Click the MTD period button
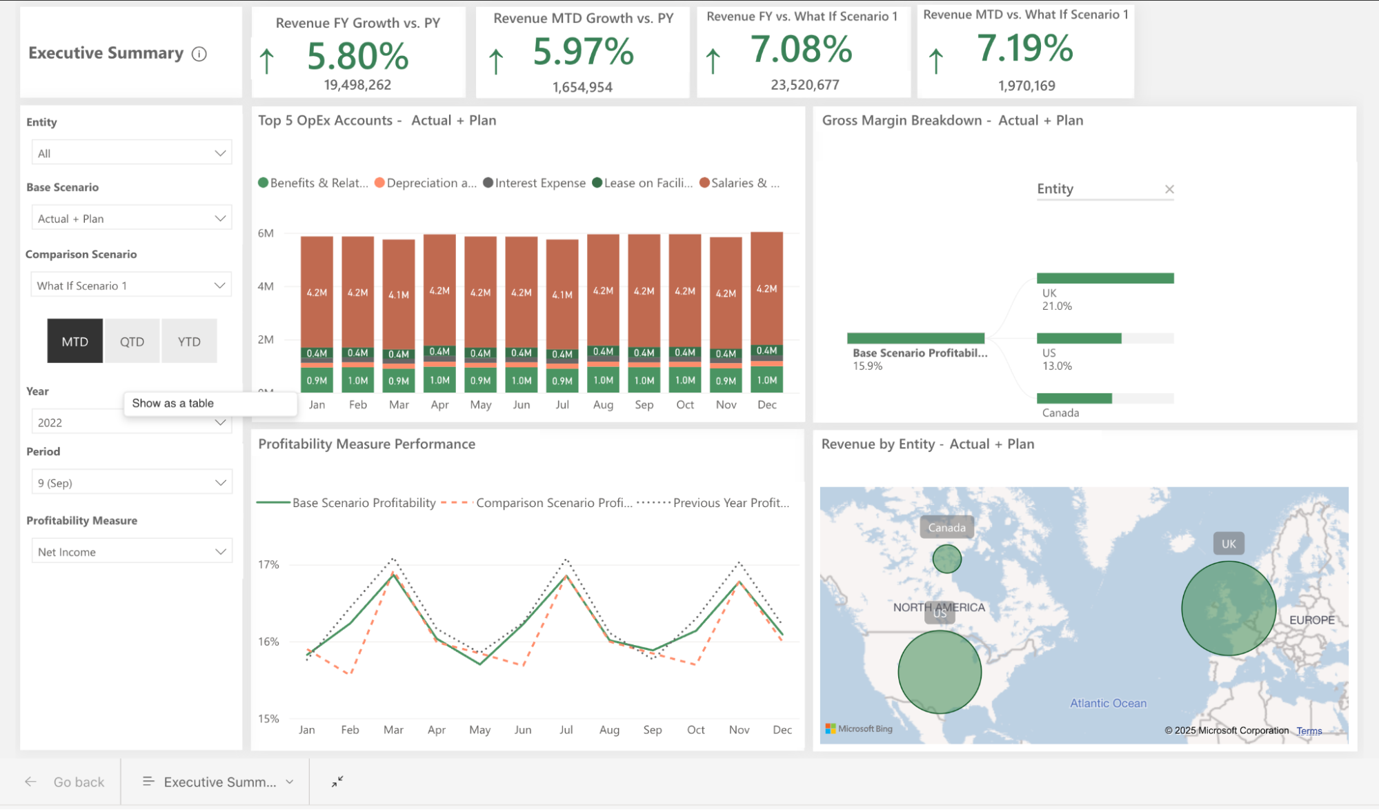point(75,342)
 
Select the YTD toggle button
point(189,342)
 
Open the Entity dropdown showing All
point(131,153)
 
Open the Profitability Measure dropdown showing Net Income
point(131,551)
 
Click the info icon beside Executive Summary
point(199,54)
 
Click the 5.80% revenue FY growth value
point(357,56)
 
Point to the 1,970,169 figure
point(1026,86)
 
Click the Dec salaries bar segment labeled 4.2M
point(766,288)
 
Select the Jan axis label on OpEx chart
point(317,404)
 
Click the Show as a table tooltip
point(173,403)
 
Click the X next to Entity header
point(1169,189)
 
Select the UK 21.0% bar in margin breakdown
point(1104,278)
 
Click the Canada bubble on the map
point(946,559)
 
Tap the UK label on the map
point(1229,544)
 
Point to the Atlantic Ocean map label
point(1108,703)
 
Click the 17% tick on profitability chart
point(268,564)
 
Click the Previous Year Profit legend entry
point(730,503)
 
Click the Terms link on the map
point(1309,731)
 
